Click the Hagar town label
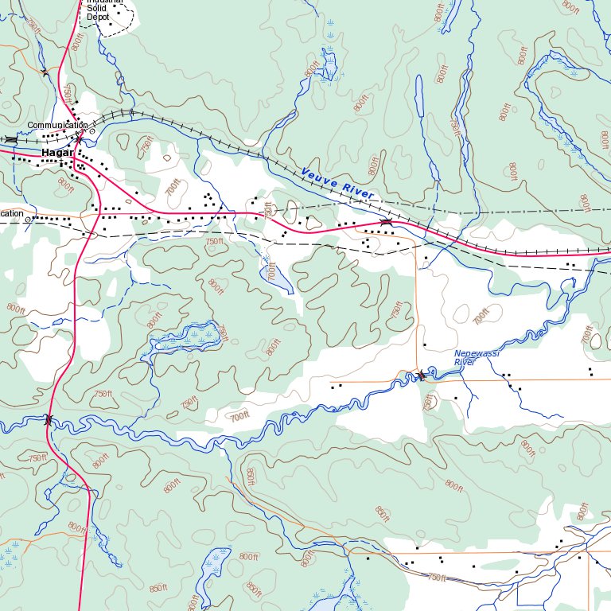[x=57, y=152]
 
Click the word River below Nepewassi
[x=465, y=363]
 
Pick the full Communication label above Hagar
[x=56, y=126]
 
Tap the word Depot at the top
[x=97, y=17]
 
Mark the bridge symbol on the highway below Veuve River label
[x=386, y=223]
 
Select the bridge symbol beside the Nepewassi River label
[x=421, y=375]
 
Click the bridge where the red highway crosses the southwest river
[x=49, y=420]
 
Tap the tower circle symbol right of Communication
[x=92, y=131]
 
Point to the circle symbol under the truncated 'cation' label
[x=29, y=220]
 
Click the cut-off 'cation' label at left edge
[x=11, y=213]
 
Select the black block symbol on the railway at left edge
[x=10, y=139]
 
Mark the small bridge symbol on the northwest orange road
[x=45, y=72]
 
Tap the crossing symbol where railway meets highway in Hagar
[x=79, y=140]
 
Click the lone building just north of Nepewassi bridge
[x=425, y=344]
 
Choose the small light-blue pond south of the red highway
[x=269, y=277]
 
